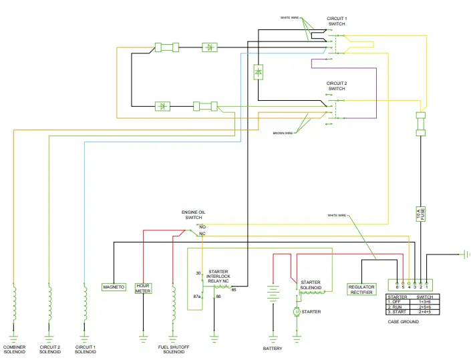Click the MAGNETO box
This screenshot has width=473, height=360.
point(113,287)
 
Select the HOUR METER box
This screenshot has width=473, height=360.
point(143,288)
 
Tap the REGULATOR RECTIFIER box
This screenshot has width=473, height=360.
point(361,289)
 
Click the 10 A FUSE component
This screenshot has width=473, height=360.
point(421,214)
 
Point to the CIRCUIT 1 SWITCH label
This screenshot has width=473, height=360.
point(337,21)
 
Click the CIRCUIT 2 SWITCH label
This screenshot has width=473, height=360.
point(337,86)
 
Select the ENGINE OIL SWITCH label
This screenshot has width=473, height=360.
point(193,215)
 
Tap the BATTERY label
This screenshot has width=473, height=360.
point(273,349)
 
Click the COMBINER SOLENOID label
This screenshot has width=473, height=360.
point(14,349)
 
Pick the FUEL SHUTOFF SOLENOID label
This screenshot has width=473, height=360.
point(174,349)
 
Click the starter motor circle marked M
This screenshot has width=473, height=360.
point(297,312)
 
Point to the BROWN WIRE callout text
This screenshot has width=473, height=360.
point(283,133)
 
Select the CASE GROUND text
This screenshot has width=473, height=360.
point(403,322)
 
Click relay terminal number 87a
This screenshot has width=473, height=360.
point(197,296)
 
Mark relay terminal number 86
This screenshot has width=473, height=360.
point(218,296)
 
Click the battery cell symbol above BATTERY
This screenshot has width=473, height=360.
point(273,294)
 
